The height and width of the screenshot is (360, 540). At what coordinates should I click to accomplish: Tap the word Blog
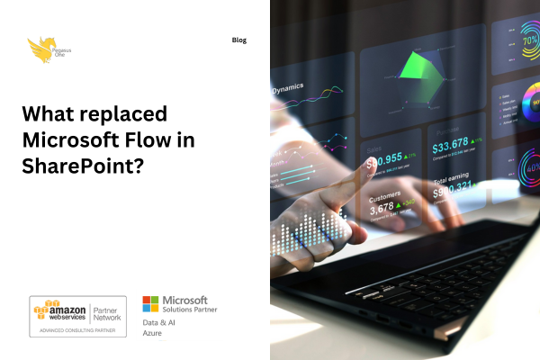(238, 40)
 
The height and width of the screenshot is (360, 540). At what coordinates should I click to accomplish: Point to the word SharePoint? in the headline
(84, 166)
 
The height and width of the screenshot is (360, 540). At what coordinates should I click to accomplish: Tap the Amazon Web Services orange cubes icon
(42, 309)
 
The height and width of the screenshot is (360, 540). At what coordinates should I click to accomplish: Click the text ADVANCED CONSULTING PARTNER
(79, 330)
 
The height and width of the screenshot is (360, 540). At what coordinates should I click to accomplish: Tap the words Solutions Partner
(190, 310)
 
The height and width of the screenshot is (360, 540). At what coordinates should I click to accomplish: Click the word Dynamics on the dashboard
(288, 88)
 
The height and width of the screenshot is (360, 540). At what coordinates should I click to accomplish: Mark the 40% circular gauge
(531, 166)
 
